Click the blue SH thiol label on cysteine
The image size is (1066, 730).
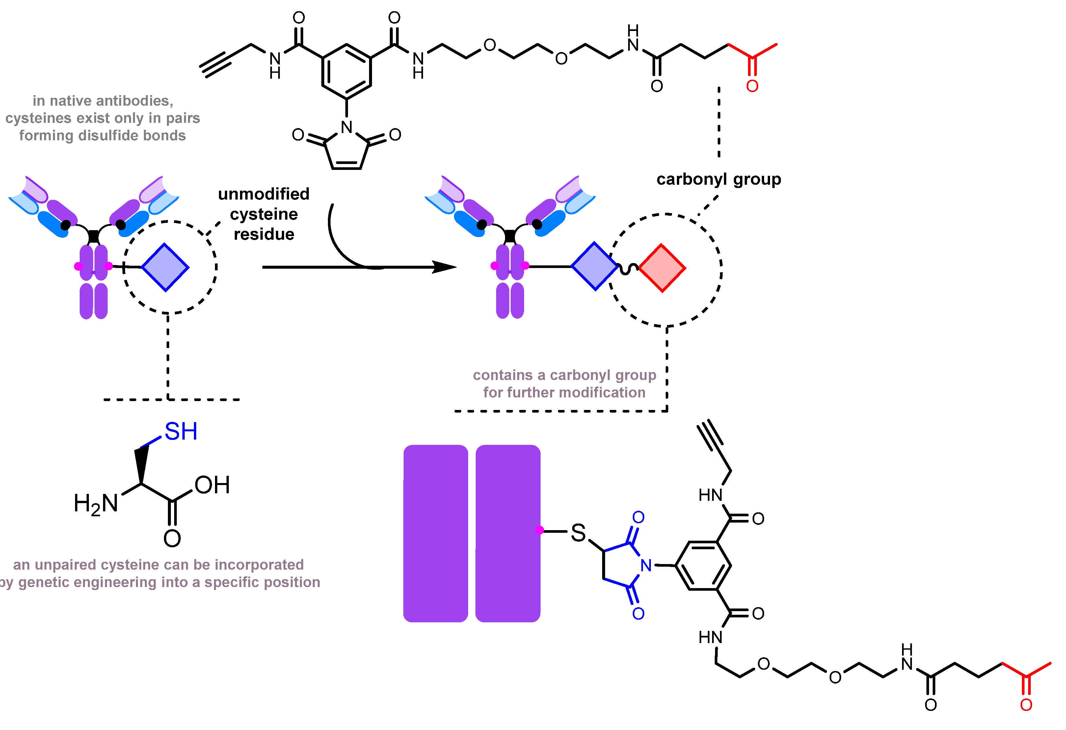181,432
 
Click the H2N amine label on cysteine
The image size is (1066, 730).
96,504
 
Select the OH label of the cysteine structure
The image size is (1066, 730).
212,485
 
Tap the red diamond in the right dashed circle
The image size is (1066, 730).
662,268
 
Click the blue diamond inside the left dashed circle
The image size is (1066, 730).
165,267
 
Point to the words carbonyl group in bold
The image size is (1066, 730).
718,179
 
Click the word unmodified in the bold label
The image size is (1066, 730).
264,194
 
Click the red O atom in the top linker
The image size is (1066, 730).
752,86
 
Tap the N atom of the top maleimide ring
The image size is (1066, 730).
347,127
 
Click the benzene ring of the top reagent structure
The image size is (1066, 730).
346,71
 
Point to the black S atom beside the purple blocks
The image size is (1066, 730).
578,533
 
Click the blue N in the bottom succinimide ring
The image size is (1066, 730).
646,566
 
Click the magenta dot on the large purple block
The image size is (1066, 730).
540,530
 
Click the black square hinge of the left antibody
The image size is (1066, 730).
93,236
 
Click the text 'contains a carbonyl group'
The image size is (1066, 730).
564,375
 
